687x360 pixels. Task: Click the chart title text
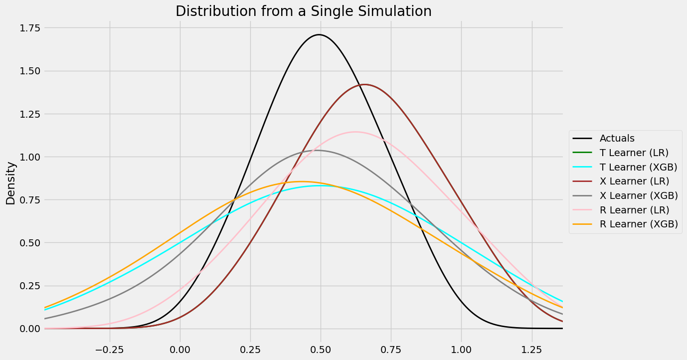pos(303,11)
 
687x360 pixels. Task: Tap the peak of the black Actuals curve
pos(319,35)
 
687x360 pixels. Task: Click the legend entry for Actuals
pos(617,138)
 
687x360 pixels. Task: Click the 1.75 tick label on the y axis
pos(25,28)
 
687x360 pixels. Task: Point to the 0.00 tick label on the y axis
pos(25,329)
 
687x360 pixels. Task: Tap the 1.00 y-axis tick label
pos(25,157)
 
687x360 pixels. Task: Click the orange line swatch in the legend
pos(583,224)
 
